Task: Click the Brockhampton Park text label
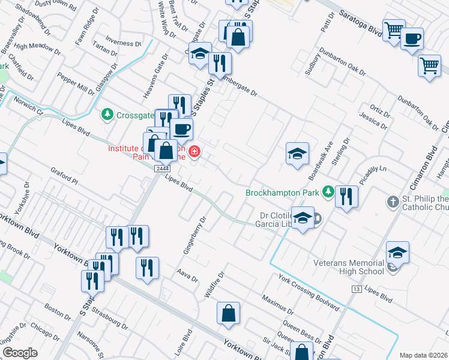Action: point(283,193)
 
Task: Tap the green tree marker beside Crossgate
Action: point(107,113)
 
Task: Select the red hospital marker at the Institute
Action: point(194,151)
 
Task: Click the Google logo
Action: point(20,353)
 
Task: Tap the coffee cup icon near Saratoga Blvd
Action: point(412,40)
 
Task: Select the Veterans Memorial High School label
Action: point(349,267)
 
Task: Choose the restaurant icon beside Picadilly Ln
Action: point(346,197)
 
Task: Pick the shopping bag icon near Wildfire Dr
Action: point(228,313)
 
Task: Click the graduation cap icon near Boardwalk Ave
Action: point(297,154)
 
